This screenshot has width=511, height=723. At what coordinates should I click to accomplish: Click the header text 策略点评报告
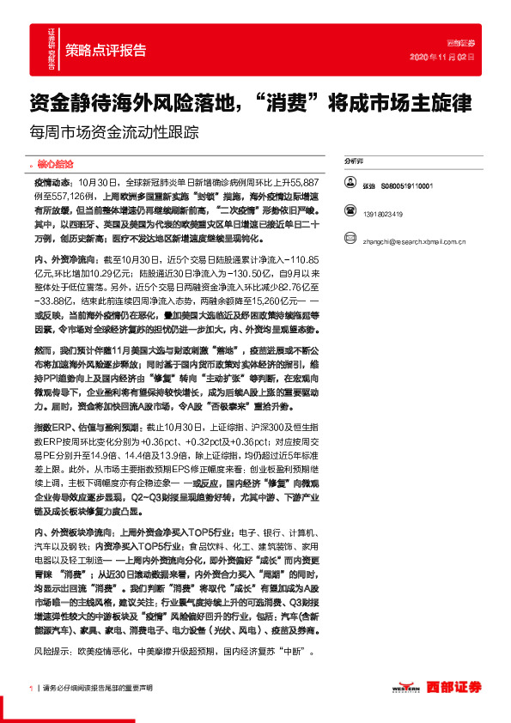tap(106, 50)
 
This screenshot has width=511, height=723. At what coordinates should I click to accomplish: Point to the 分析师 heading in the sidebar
tap(354, 161)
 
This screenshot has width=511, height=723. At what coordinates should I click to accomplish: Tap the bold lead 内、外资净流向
tap(65, 258)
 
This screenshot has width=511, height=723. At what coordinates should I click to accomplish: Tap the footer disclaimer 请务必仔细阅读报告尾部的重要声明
tap(98, 689)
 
